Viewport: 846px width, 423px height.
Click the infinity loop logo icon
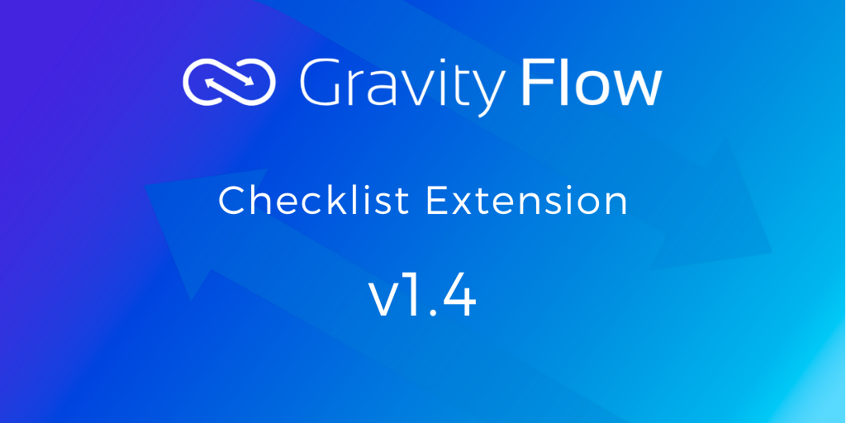tap(230, 83)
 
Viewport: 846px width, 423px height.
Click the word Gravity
tap(402, 86)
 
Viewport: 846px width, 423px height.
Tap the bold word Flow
tap(592, 83)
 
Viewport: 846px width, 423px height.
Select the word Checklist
tap(314, 201)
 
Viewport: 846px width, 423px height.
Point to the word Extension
tap(526, 201)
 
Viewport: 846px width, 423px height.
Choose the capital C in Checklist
tap(232, 201)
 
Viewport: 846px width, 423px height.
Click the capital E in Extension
tap(436, 201)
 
